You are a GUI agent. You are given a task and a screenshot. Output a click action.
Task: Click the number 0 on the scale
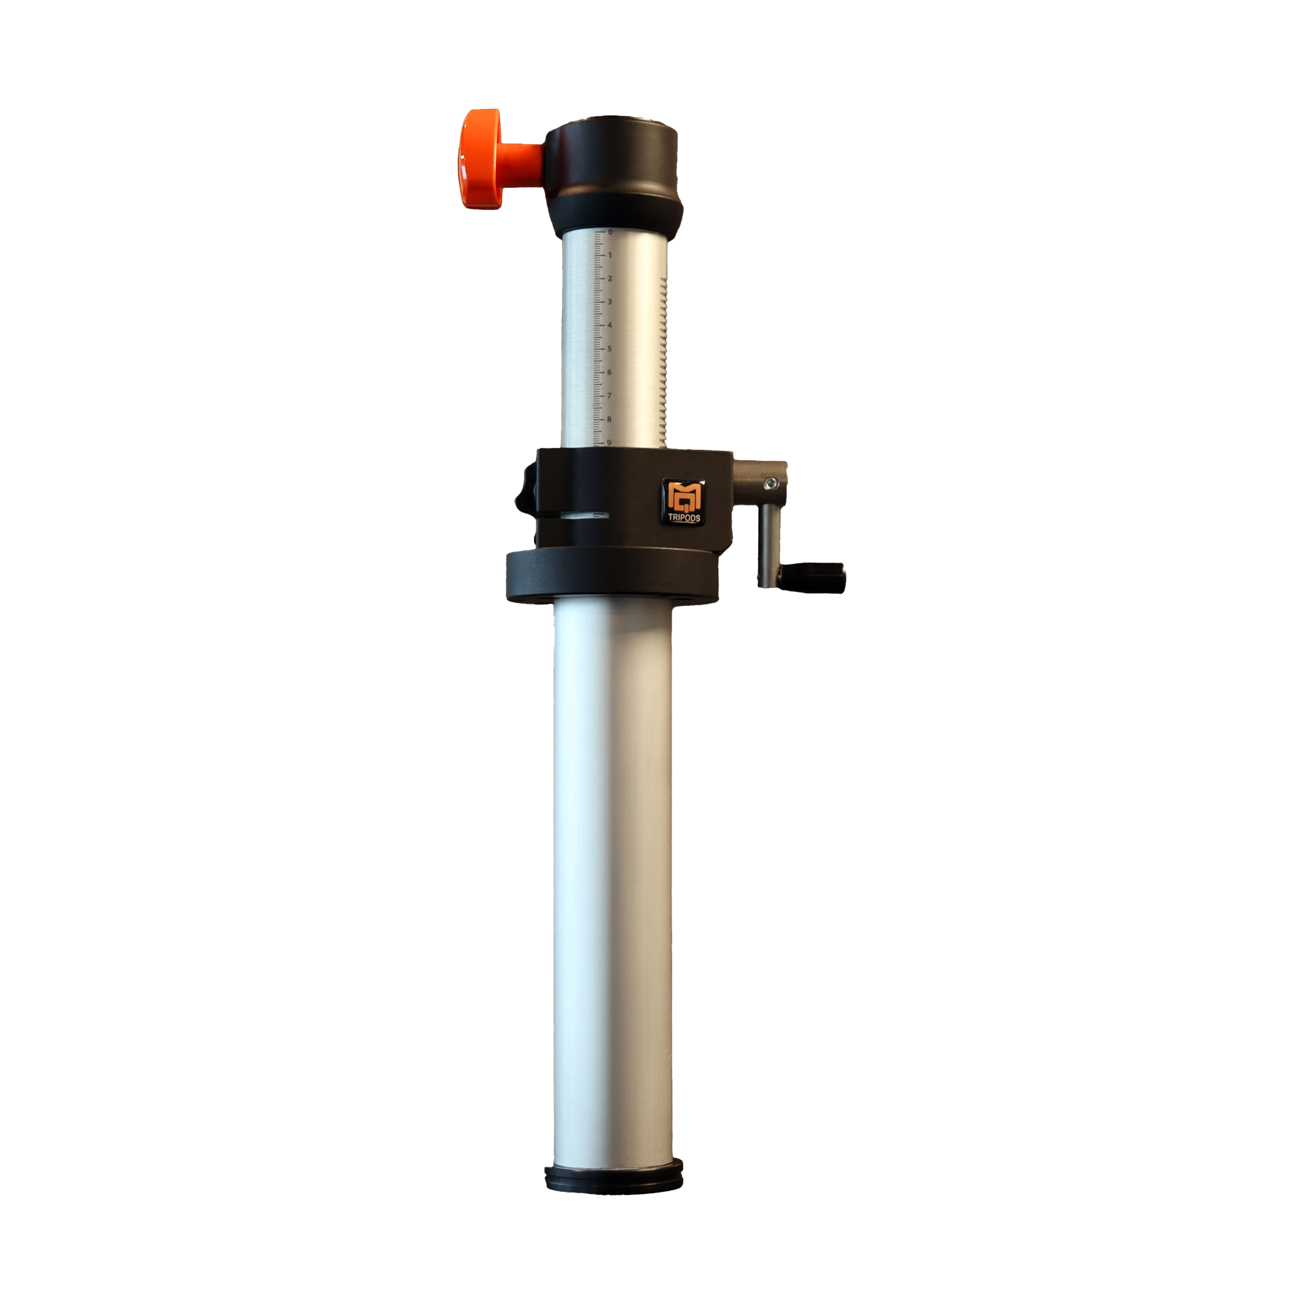610,232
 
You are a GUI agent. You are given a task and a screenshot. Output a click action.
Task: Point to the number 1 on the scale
610,255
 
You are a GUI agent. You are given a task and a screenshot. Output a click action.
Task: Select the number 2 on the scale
610,278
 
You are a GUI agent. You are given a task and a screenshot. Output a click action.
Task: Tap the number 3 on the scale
610,302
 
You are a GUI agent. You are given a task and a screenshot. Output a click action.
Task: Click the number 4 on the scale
610,325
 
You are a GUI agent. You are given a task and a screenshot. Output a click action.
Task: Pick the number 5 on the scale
610,349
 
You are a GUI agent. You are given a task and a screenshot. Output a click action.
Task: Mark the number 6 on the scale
610,372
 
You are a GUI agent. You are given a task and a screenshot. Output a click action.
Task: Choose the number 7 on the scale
609,396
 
